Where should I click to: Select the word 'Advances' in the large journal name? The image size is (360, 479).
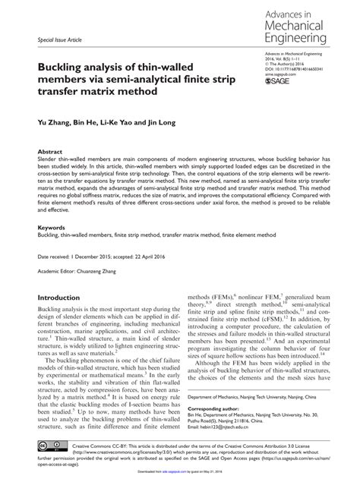pos(284,11)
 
